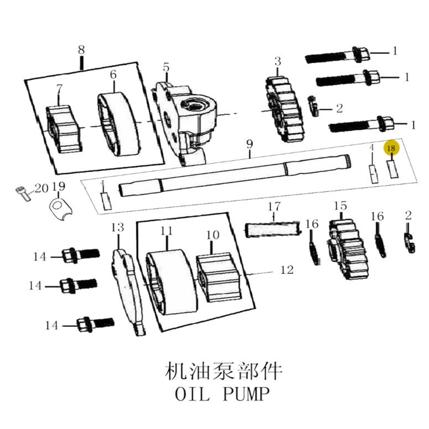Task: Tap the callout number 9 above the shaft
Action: [250, 144]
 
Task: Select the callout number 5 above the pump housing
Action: [166, 68]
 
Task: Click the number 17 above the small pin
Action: [274, 207]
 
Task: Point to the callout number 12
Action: [287, 270]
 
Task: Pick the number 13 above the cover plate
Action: [118, 227]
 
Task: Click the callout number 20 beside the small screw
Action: [42, 188]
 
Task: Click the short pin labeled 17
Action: [273, 229]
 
